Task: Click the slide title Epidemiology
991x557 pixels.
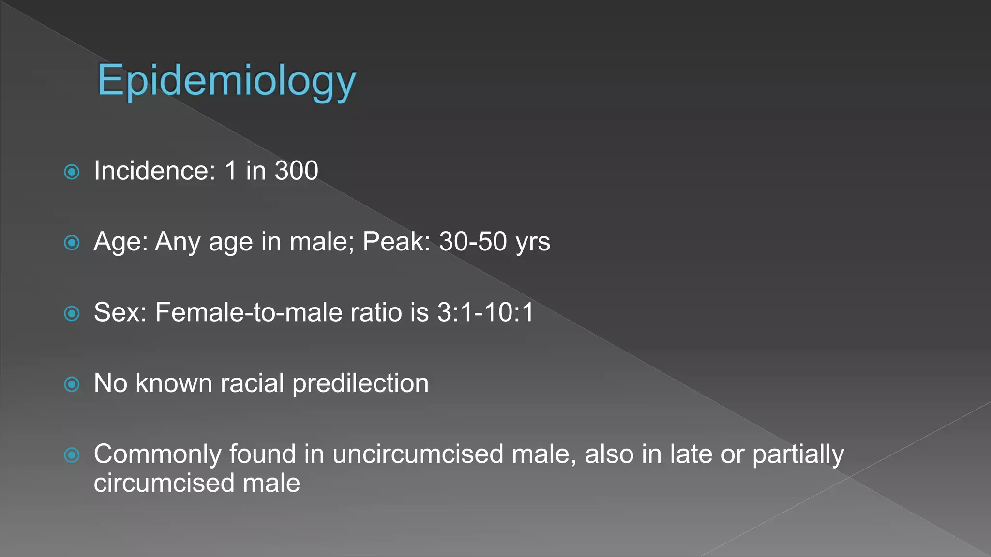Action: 226,81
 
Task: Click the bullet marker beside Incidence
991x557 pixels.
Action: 72,172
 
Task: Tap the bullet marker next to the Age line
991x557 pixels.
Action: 72,243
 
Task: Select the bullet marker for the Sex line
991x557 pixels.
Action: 72,313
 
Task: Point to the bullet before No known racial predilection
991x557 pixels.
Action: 72,384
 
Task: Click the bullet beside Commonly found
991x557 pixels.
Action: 72,455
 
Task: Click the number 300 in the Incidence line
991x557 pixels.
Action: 296,171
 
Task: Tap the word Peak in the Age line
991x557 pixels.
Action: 396,241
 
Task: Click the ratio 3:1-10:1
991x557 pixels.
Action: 485,312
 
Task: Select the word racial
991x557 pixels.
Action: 252,383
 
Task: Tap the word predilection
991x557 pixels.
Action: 360,383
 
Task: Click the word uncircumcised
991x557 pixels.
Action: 418,454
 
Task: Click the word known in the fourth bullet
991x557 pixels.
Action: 174,383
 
